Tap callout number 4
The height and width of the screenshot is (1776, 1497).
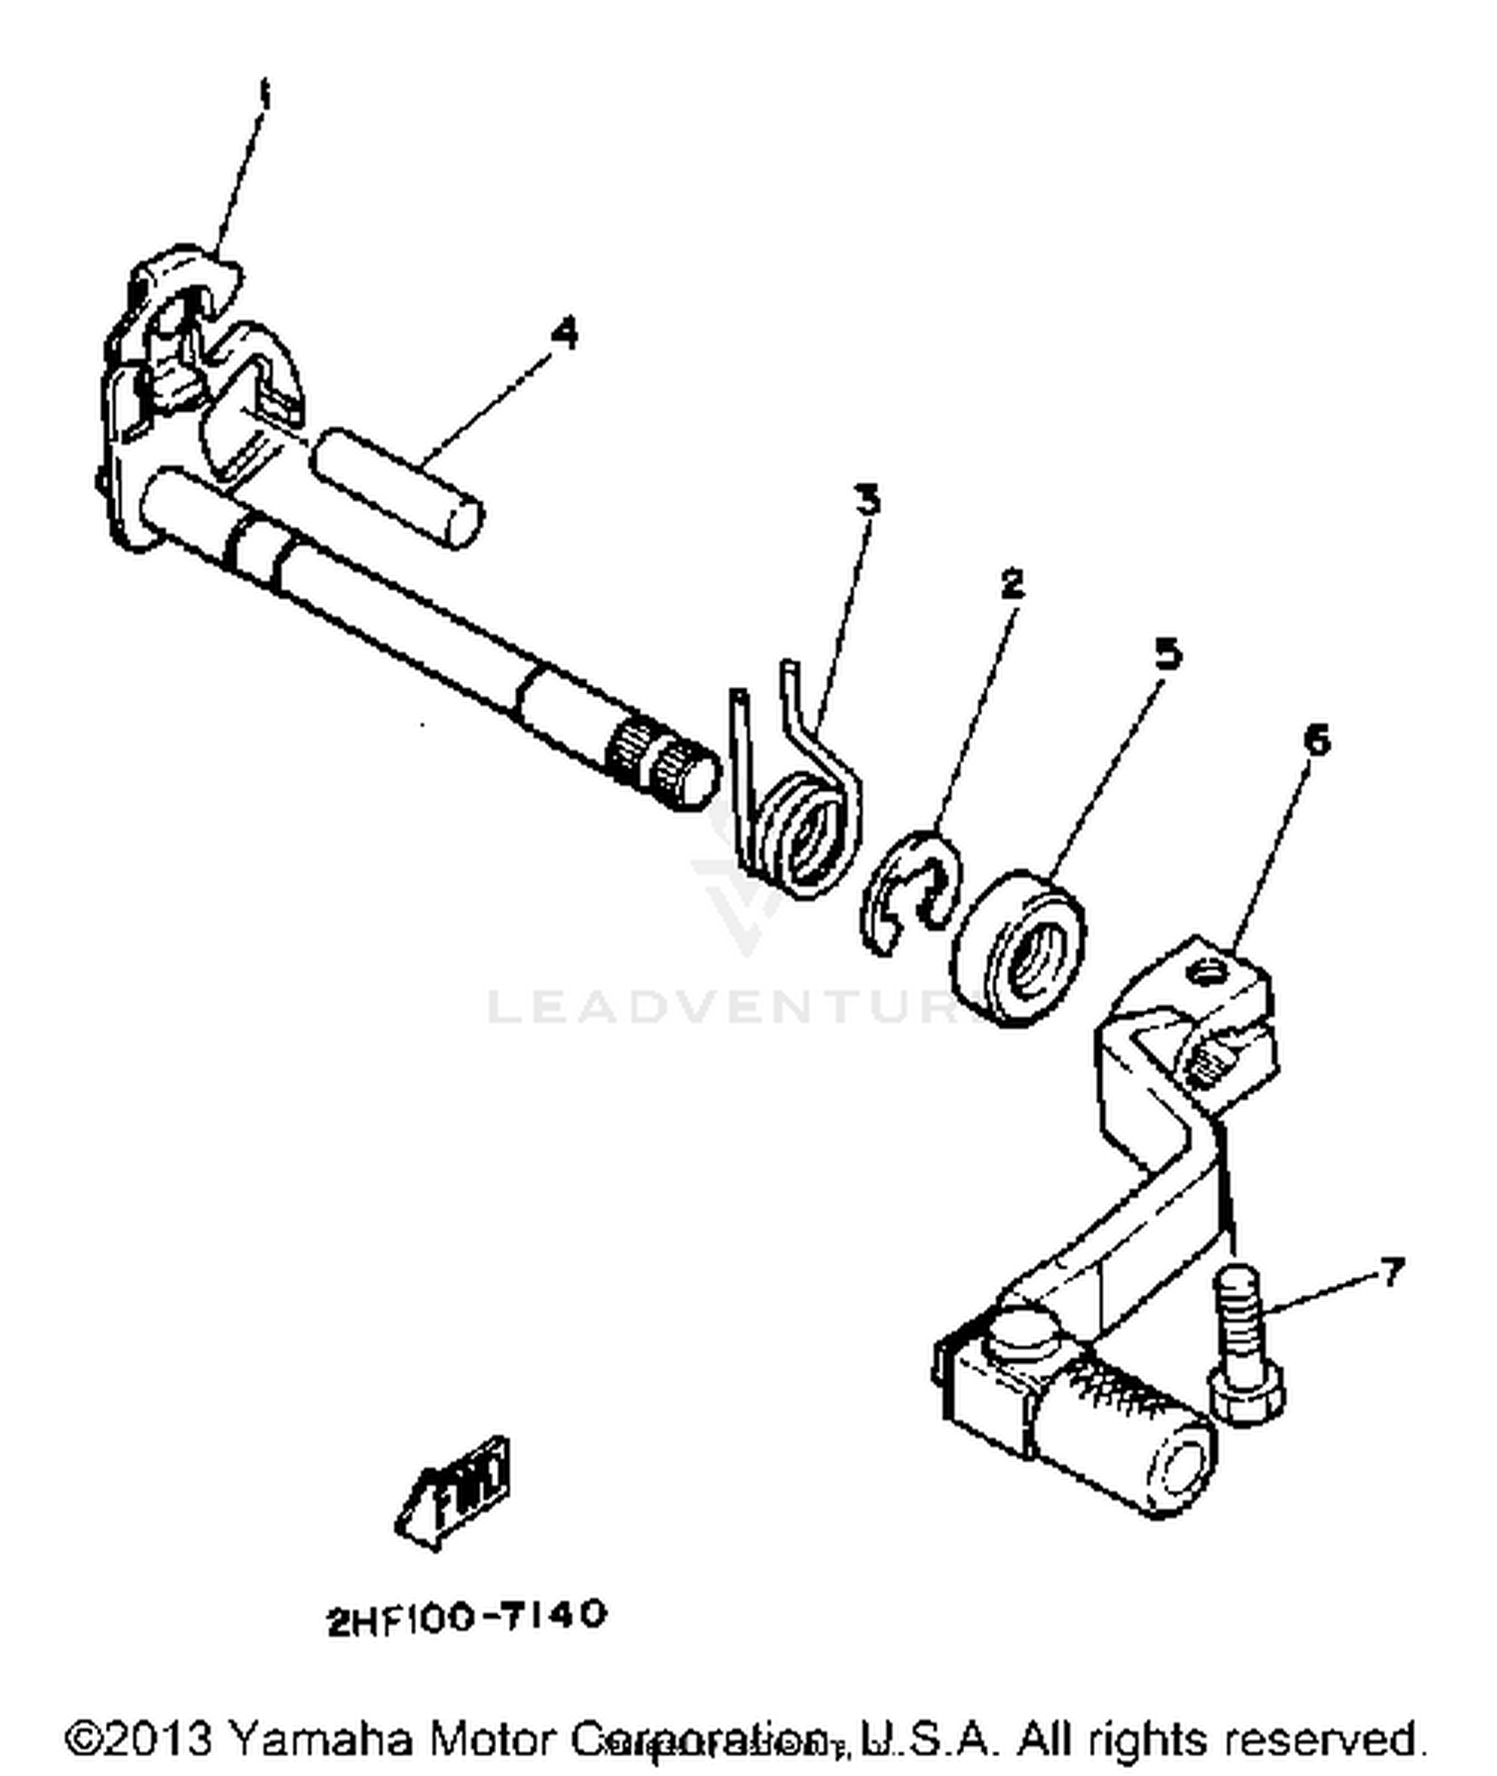point(564,332)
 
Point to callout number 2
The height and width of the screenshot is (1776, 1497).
point(1011,583)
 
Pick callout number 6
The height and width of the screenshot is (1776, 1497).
point(1316,741)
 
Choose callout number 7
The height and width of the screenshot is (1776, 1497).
point(1390,1271)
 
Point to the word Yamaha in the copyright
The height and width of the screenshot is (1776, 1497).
point(320,1738)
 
